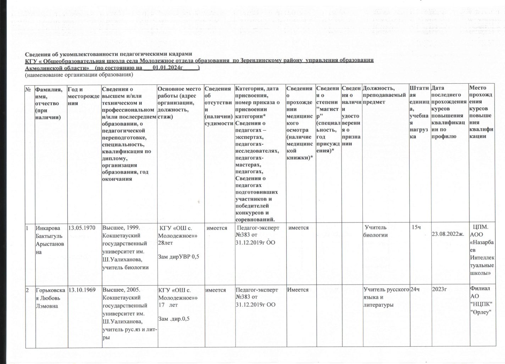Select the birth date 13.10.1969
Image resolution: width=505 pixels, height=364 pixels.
(81, 290)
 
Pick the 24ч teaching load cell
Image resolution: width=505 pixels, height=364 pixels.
(415, 290)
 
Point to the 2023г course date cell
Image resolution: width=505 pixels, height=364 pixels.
(439, 290)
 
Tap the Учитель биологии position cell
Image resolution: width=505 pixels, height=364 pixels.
(376, 231)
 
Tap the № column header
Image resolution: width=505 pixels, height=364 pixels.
(28, 89)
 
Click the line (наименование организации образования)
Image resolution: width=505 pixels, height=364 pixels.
(78, 75)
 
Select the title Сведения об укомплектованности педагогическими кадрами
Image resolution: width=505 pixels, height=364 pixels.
(108, 54)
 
